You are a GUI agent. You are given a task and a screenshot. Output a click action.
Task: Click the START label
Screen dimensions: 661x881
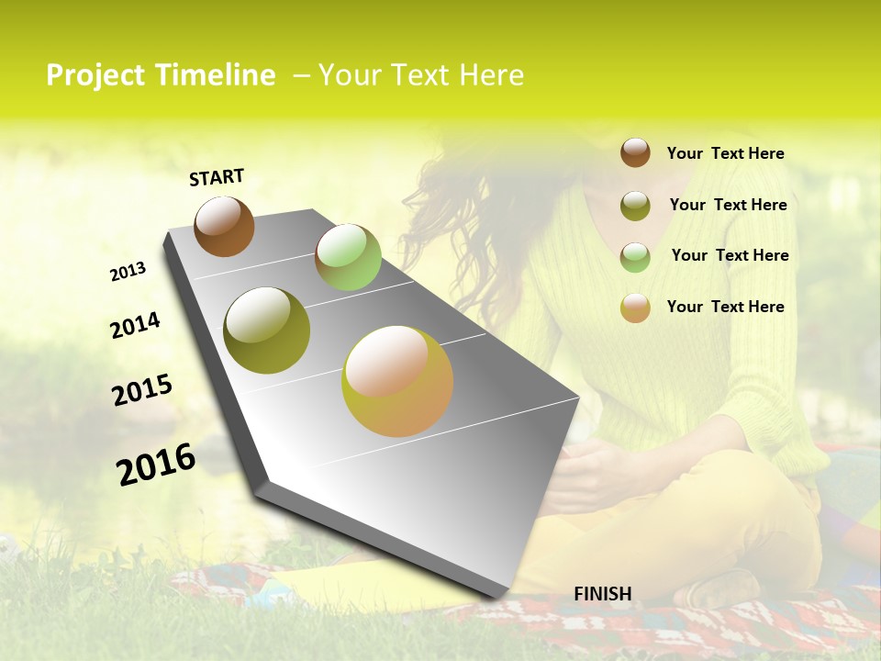(217, 177)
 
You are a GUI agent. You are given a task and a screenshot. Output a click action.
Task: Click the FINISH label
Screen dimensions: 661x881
(603, 594)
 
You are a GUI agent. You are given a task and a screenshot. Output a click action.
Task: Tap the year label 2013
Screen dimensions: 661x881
(128, 272)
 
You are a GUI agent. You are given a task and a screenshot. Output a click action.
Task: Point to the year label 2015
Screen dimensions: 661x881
(142, 390)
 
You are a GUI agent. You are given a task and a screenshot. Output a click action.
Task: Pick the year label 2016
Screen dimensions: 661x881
(156, 465)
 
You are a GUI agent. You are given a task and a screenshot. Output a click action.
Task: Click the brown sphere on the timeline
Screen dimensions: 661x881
(224, 227)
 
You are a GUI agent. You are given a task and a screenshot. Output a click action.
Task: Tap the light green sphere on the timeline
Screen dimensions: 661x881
(348, 257)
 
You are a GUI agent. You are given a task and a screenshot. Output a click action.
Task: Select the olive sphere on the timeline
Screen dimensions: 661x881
(267, 330)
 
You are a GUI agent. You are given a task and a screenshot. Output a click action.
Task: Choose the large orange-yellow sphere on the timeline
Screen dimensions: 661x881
(397, 381)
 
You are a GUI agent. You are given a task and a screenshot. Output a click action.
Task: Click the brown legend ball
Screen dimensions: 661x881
(635, 152)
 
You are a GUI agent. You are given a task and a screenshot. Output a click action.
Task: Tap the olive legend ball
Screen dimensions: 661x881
(635, 206)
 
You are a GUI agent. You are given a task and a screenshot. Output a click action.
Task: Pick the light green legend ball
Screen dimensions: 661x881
(635, 256)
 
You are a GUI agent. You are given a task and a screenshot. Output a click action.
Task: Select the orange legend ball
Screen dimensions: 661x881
(635, 308)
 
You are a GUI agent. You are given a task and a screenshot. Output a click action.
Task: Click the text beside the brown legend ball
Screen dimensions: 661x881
(725, 153)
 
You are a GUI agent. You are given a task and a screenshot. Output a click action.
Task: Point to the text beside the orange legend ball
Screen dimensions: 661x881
(725, 307)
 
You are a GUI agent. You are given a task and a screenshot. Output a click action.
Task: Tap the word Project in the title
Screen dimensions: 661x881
(97, 75)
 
